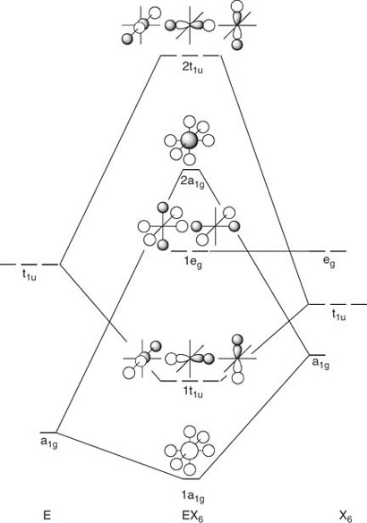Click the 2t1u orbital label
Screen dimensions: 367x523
[x=192, y=68]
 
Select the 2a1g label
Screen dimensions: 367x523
[x=192, y=182]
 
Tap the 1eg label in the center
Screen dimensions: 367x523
[x=193, y=263]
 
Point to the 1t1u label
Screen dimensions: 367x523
[x=193, y=392]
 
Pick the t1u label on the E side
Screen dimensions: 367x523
[x=30, y=275]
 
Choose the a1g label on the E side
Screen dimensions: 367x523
[x=48, y=443]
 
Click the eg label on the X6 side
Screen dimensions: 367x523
[x=329, y=262]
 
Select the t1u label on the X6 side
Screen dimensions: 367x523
[x=338, y=314]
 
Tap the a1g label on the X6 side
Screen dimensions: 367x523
[x=320, y=363]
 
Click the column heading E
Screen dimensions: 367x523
[x=47, y=515]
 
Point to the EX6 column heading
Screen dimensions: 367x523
[x=192, y=516]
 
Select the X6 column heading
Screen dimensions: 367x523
[x=346, y=517]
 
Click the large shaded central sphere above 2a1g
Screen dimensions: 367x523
[x=190, y=140]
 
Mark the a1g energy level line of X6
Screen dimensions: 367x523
[x=317, y=355]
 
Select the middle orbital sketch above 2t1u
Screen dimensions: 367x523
[x=190, y=26]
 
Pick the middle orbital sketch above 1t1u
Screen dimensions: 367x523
[x=190, y=359]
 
